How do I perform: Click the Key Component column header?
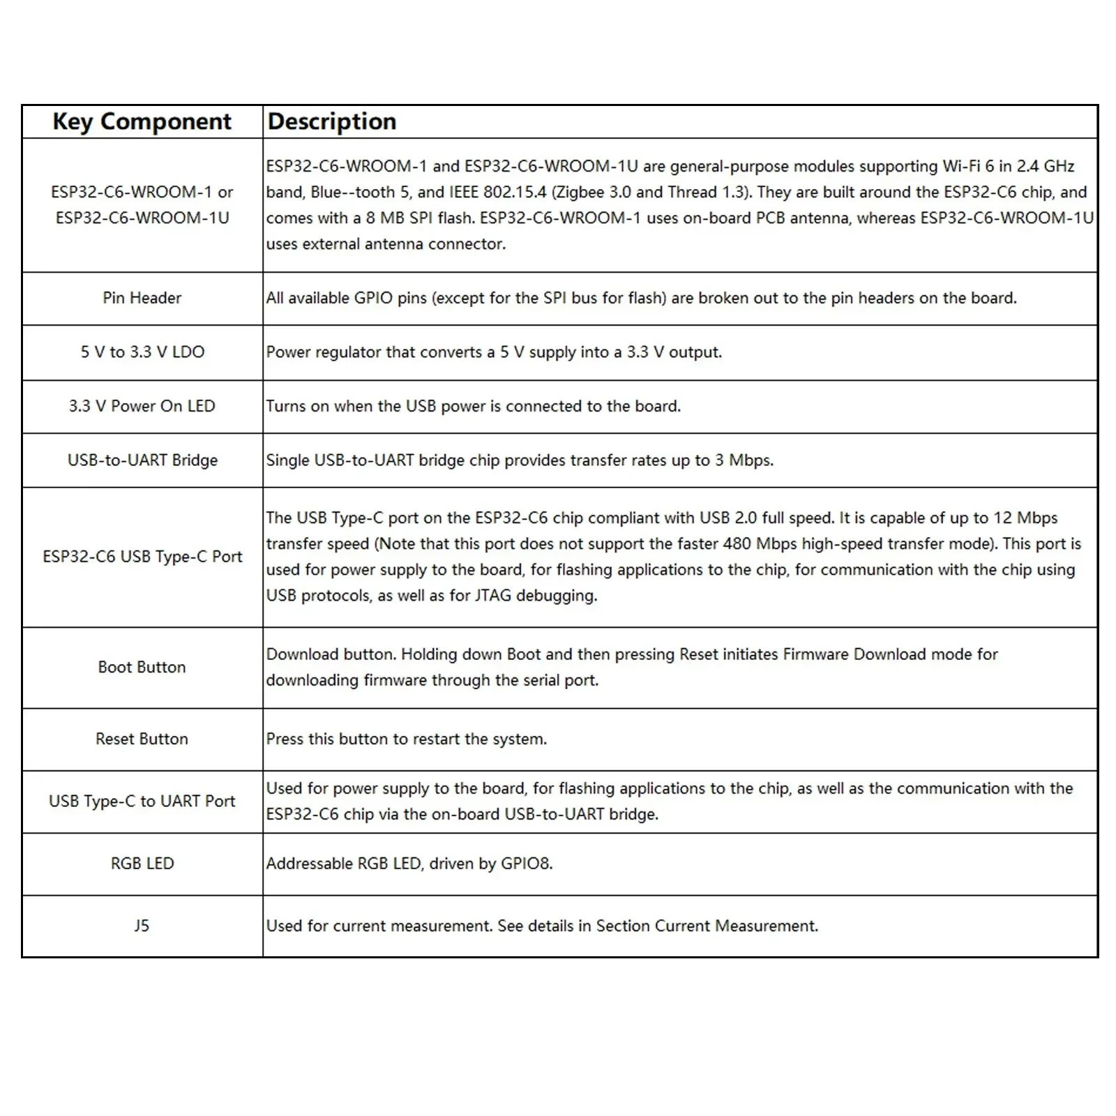pos(142,121)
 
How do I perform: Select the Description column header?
pos(332,121)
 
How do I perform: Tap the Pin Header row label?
pos(142,298)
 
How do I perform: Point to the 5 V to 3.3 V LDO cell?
pos(142,352)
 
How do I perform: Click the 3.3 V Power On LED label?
pos(142,406)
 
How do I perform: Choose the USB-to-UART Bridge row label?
pos(142,460)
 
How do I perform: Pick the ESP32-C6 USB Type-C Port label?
pos(142,557)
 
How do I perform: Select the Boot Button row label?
pos(142,667)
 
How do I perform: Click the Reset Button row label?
pos(142,739)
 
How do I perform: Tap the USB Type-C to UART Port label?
pos(142,801)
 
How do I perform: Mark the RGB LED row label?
pos(142,864)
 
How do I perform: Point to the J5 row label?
pos(142,926)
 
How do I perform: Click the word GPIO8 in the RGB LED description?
pos(526,864)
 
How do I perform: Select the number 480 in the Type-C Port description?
pos(737,544)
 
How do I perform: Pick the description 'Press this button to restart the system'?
pos(406,739)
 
